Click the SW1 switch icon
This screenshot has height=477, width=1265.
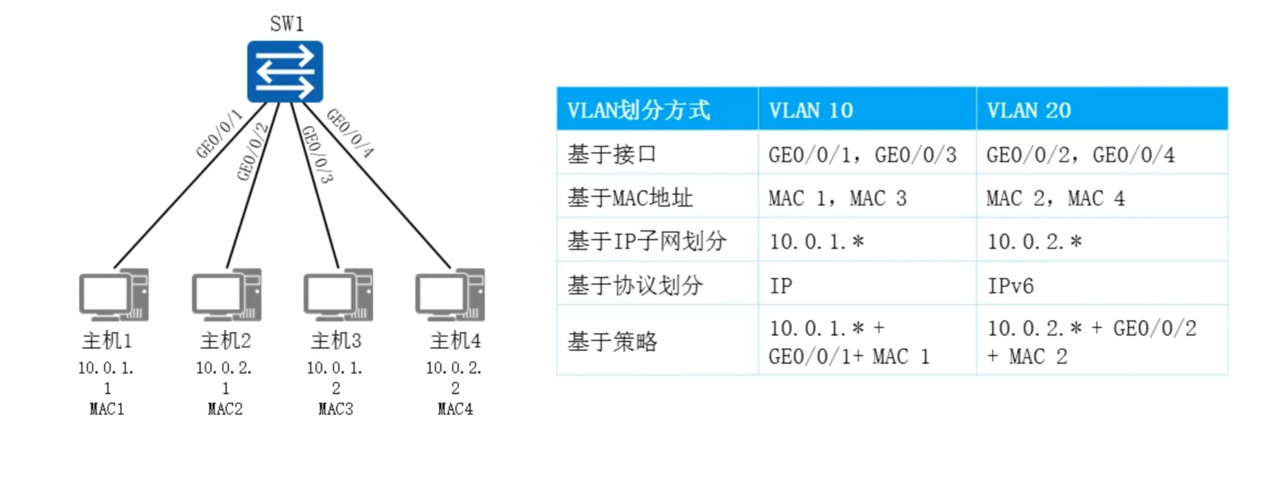[x=285, y=71]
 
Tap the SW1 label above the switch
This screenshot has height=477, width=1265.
[x=287, y=24]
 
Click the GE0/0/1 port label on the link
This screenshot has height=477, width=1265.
[x=219, y=134]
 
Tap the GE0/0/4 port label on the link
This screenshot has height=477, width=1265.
[x=350, y=133]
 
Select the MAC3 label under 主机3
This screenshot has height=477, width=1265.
[x=335, y=409]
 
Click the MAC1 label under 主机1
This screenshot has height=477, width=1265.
[x=107, y=409]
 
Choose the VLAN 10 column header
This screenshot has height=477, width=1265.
[x=811, y=110]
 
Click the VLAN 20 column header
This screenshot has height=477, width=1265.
[x=1028, y=110]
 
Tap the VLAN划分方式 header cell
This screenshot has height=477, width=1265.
[x=638, y=110]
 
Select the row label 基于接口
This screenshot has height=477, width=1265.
[x=612, y=155]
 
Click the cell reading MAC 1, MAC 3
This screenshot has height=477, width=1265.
[x=837, y=198]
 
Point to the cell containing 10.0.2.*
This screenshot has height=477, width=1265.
[x=1034, y=241]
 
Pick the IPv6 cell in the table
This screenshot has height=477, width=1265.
[x=1010, y=285]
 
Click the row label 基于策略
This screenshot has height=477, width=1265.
[x=612, y=342]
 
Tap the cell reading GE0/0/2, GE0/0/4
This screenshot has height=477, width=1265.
[x=1080, y=155]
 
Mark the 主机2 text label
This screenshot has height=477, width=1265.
[x=225, y=341]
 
